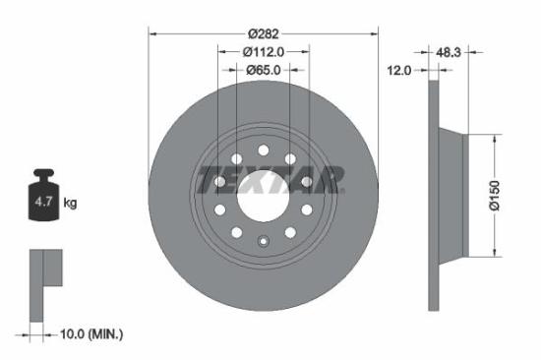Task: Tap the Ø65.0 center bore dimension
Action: coord(263,70)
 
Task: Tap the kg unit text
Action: coord(70,204)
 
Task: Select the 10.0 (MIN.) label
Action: coord(90,335)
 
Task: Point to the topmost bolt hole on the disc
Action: coord(263,148)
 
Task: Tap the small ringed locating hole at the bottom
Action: coord(263,242)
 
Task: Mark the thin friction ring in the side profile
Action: coord(433,196)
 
